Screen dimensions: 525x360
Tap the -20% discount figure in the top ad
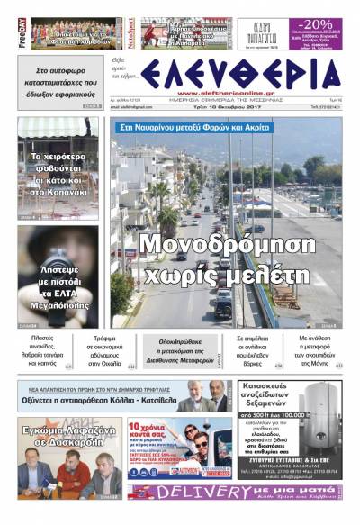(319, 23)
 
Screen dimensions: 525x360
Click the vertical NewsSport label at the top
(130, 30)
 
